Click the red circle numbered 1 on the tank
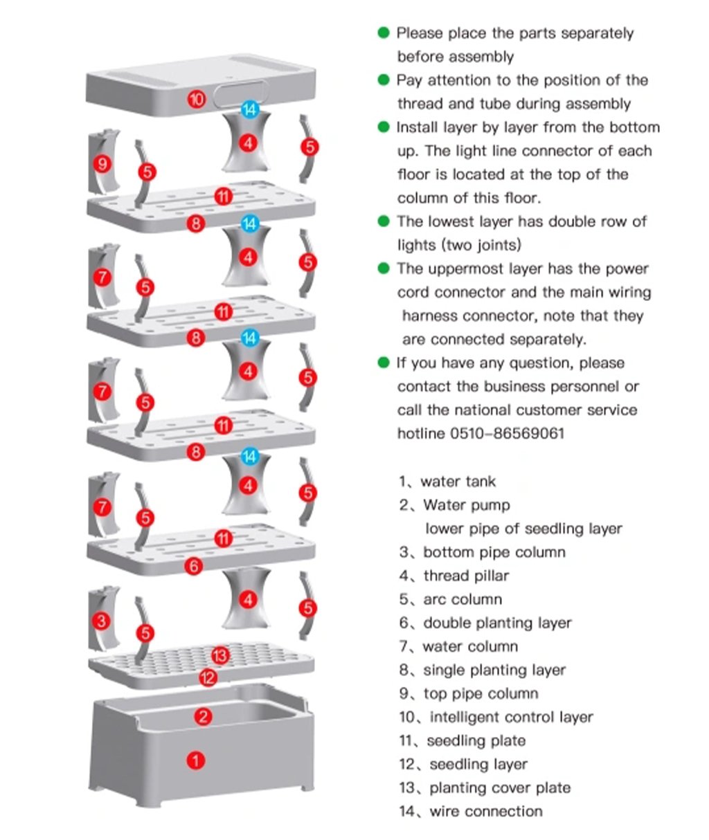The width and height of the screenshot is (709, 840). pos(196,761)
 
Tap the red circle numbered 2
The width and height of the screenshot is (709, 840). pos(202,716)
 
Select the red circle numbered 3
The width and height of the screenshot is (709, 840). pos(102,621)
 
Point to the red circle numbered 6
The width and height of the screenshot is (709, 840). pos(195,567)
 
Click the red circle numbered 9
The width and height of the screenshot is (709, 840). pos(102,164)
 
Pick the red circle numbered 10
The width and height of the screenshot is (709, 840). pos(197,99)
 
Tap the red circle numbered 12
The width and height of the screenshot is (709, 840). pos(208,677)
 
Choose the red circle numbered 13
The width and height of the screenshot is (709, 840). pos(220,655)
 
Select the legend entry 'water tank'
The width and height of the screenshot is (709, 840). pos(458,482)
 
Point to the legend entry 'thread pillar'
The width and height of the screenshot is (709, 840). pos(465,576)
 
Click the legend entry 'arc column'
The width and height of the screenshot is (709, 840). pos(462,599)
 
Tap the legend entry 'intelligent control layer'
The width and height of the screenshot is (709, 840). pos(510,717)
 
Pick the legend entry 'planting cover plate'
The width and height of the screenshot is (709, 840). pos(499,787)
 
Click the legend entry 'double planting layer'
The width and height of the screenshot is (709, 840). pos(496,623)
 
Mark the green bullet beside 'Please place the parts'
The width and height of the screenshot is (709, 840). pos(384,33)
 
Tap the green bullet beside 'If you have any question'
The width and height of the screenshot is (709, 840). pos(384,363)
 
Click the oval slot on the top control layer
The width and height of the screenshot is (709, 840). pos(241,95)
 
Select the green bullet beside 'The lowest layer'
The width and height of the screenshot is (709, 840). pos(384,221)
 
